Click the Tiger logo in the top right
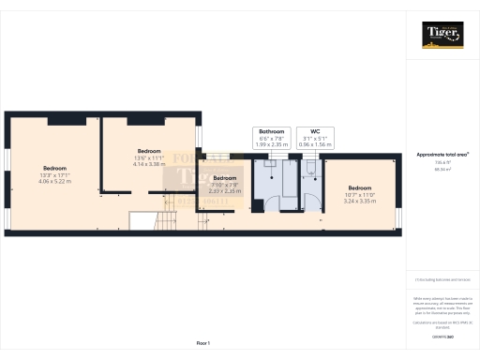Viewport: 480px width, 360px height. pyautogui.click(x=442, y=35)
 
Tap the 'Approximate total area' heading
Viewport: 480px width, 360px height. pyautogui.click(x=442, y=153)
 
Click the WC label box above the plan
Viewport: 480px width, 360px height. pyautogui.click(x=311, y=136)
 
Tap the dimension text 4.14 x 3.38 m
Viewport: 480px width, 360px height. pyautogui.click(x=150, y=163)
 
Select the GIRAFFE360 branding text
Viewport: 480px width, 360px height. pyautogui.click(x=442, y=335)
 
